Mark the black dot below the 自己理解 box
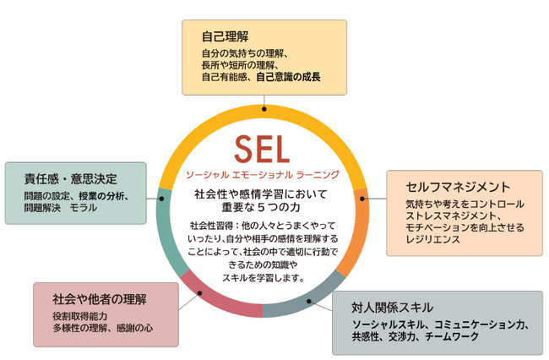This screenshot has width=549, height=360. [264, 109]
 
